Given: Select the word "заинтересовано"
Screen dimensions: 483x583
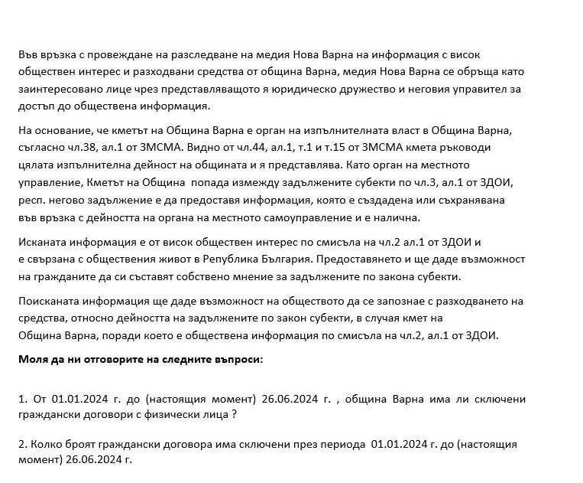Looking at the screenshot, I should click(57, 89).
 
